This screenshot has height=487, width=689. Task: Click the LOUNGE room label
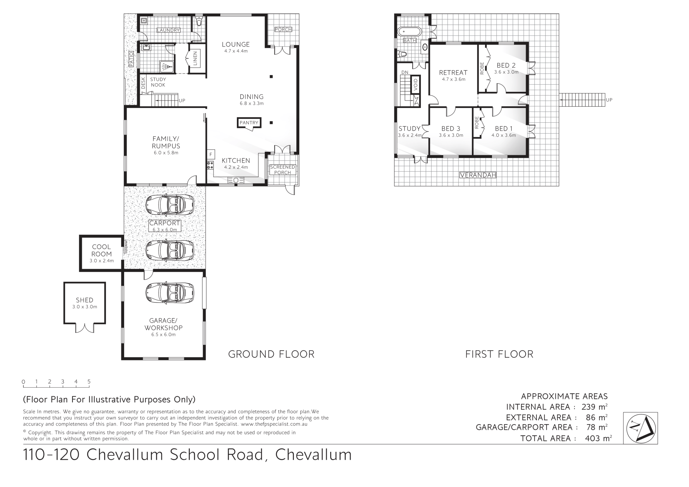pos(235,45)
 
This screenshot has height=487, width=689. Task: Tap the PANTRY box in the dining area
pos(249,123)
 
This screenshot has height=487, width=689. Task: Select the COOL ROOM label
pos(102,250)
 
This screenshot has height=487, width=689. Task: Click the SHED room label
pos(85,300)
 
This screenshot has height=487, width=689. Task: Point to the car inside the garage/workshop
pos(170,292)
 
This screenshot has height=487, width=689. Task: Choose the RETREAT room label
pos(453,72)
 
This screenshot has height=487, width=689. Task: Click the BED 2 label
pos(506,65)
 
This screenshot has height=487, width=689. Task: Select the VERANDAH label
pos(478,175)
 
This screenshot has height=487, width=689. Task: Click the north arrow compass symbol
pos(640,428)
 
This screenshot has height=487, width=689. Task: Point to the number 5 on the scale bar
pos(89,381)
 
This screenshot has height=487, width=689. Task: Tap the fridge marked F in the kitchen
pos(211,155)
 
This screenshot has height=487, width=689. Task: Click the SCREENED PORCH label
pos(282,170)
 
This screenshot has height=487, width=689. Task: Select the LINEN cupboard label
pos(195,58)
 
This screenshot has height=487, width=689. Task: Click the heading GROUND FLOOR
pos(271,354)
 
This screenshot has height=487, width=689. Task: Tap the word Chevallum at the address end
pos(313,455)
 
